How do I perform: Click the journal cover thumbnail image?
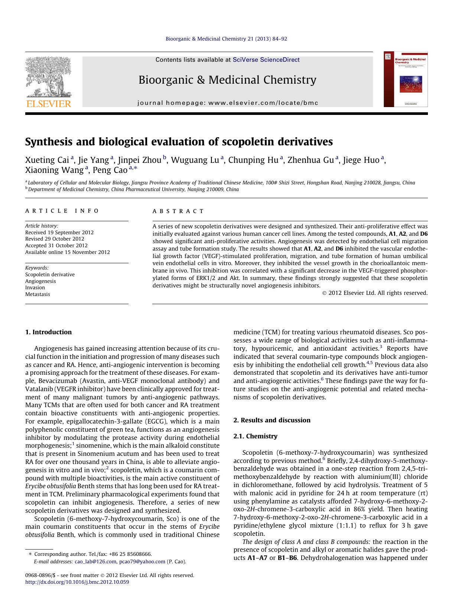pos(406,79)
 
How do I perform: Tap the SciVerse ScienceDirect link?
pos(266,60)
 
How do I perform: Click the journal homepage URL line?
pos(228,103)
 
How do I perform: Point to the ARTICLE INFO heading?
pos(62,211)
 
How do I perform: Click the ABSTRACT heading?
pos(178,211)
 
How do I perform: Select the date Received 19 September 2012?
pos(59,232)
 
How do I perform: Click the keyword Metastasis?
pos(38,294)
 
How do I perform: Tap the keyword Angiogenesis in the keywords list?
pos(40,281)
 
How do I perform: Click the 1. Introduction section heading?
pos(48,332)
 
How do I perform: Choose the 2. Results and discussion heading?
pos(272,420)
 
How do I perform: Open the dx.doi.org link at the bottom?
pos(77,582)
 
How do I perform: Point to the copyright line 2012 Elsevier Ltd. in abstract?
pos(375,293)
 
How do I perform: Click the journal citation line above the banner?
pos(226,39)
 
